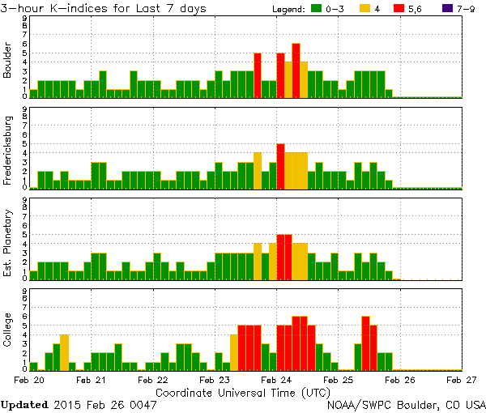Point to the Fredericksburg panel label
click(8, 150)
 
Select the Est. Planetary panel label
click(8, 241)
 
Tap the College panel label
click(8, 330)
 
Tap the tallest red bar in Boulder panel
click(296, 70)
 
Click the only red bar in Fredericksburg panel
click(280, 165)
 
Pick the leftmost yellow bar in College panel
click(64, 351)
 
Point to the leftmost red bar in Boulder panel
click(258, 75)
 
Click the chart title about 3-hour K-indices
click(104, 8)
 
